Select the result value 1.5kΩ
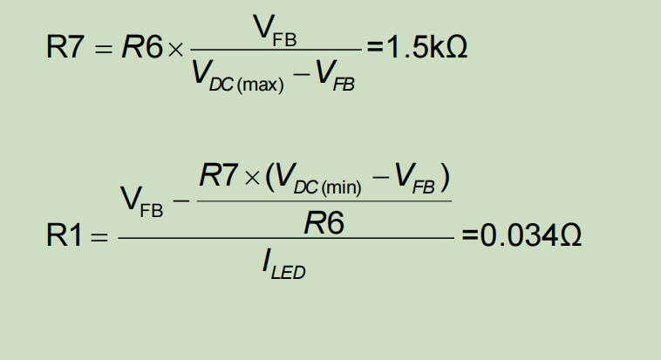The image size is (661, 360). (425, 48)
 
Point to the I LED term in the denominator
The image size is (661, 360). (283, 264)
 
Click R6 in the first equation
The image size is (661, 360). (141, 48)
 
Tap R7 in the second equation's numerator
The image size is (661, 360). (218, 178)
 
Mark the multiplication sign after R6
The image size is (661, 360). (175, 49)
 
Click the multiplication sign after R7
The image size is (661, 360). (252, 179)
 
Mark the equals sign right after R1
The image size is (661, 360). (99, 237)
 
